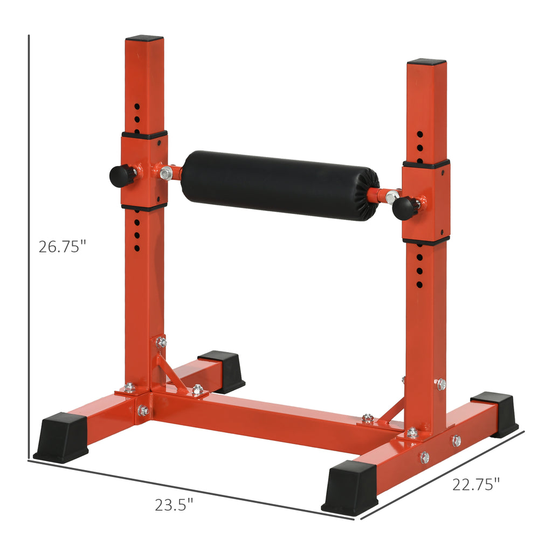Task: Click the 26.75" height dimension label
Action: [x=62, y=246]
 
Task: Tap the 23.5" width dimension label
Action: [x=174, y=505]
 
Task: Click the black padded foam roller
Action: [x=280, y=185]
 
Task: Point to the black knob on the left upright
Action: [x=122, y=175]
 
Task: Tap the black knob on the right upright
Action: [x=405, y=208]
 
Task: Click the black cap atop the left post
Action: [x=144, y=38]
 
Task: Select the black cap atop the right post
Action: [x=426, y=62]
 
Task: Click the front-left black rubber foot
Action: [x=61, y=437]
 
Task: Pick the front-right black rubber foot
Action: [x=350, y=487]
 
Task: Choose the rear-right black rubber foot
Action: [x=496, y=412]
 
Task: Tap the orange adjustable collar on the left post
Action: [x=144, y=170]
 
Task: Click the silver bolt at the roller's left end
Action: [x=167, y=173]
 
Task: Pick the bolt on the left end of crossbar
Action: [x=143, y=411]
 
